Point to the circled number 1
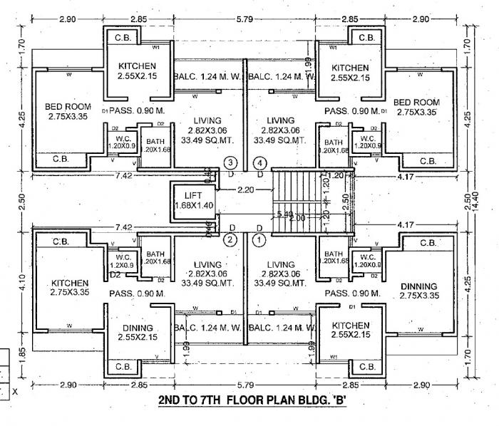pyautogui.click(x=259, y=240)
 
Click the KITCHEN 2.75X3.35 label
pyautogui.click(x=69, y=287)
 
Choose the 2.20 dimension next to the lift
pyautogui.click(x=247, y=190)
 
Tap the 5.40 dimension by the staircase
pyautogui.click(x=284, y=213)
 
